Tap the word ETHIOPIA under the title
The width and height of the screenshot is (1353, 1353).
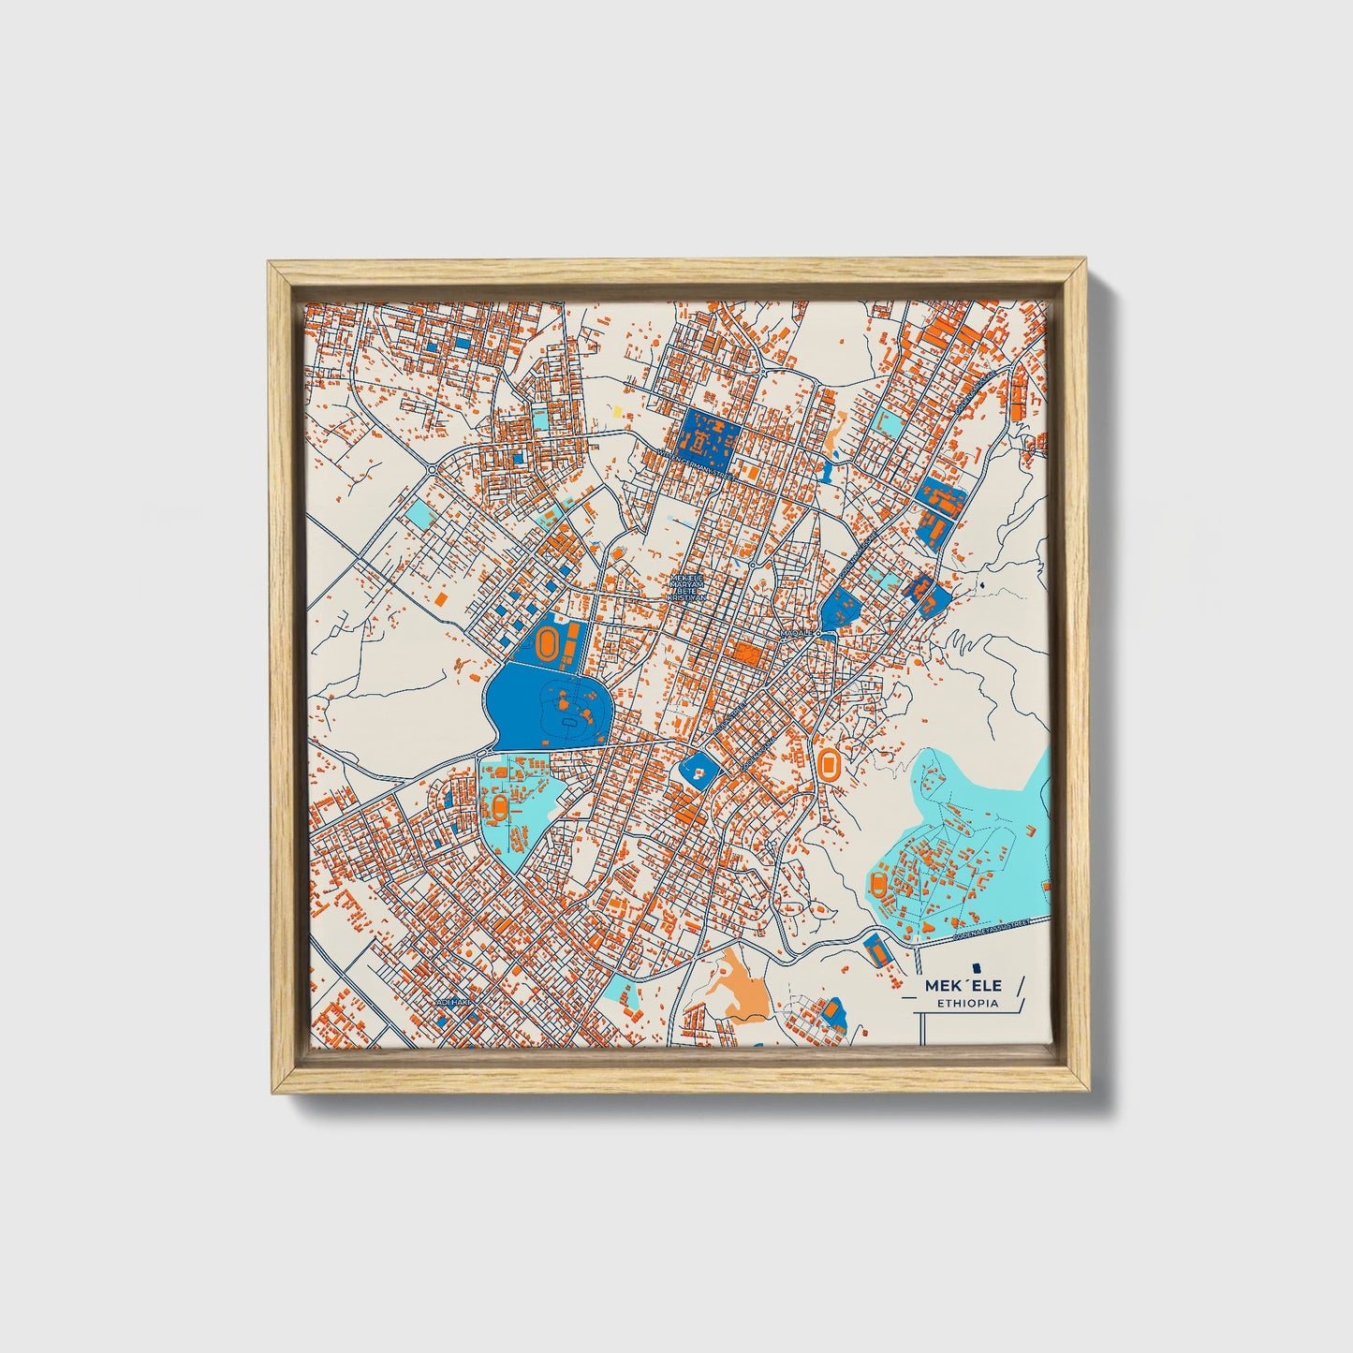(x=967, y=1004)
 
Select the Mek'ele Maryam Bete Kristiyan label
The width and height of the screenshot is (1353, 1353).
(x=690, y=588)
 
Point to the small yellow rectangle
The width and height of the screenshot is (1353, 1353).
(x=618, y=409)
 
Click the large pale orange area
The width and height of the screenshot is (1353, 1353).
(x=740, y=983)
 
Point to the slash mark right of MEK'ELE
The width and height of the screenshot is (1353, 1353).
(x=1020, y=984)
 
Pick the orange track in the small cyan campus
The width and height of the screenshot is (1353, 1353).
(x=502, y=806)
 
